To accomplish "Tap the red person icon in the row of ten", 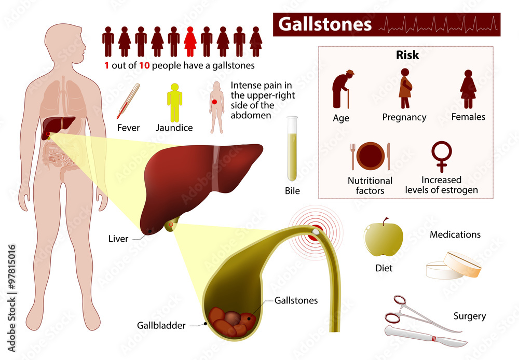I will (x=190, y=41).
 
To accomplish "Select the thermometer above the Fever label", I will (x=128, y=101).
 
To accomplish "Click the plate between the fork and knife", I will (x=371, y=156).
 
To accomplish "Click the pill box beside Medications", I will (x=454, y=266).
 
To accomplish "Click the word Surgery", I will (x=469, y=316).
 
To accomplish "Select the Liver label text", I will (x=118, y=239).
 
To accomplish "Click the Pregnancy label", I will (x=404, y=117).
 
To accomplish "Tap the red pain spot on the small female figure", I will (x=215, y=102).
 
